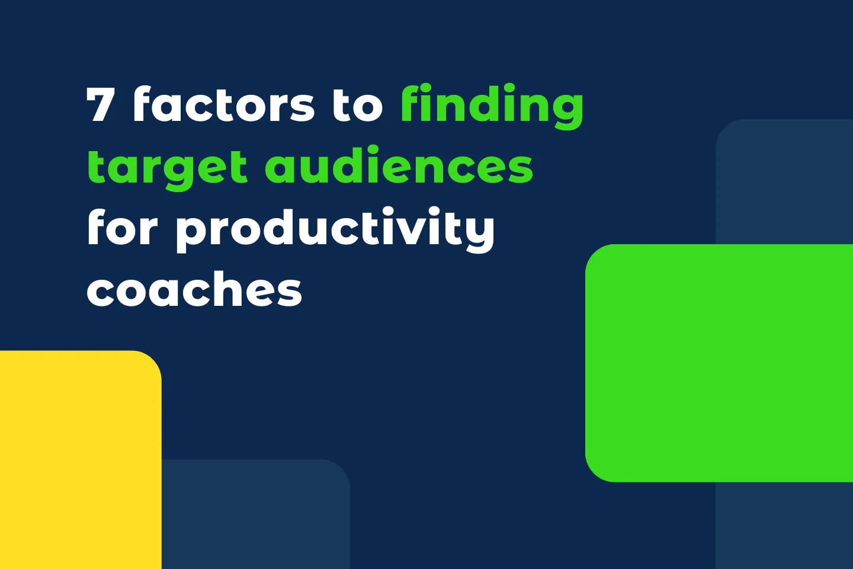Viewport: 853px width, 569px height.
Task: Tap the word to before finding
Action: [x=357, y=105]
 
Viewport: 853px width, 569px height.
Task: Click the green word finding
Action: [x=492, y=105]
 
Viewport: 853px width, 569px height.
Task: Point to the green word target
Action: [x=166, y=168]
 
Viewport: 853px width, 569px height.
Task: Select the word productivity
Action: [x=335, y=229]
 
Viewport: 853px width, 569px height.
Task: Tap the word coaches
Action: [x=194, y=290]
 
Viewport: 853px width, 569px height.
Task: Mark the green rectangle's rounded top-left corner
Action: [x=595, y=254]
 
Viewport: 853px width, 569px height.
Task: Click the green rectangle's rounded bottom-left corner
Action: [x=595, y=472]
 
